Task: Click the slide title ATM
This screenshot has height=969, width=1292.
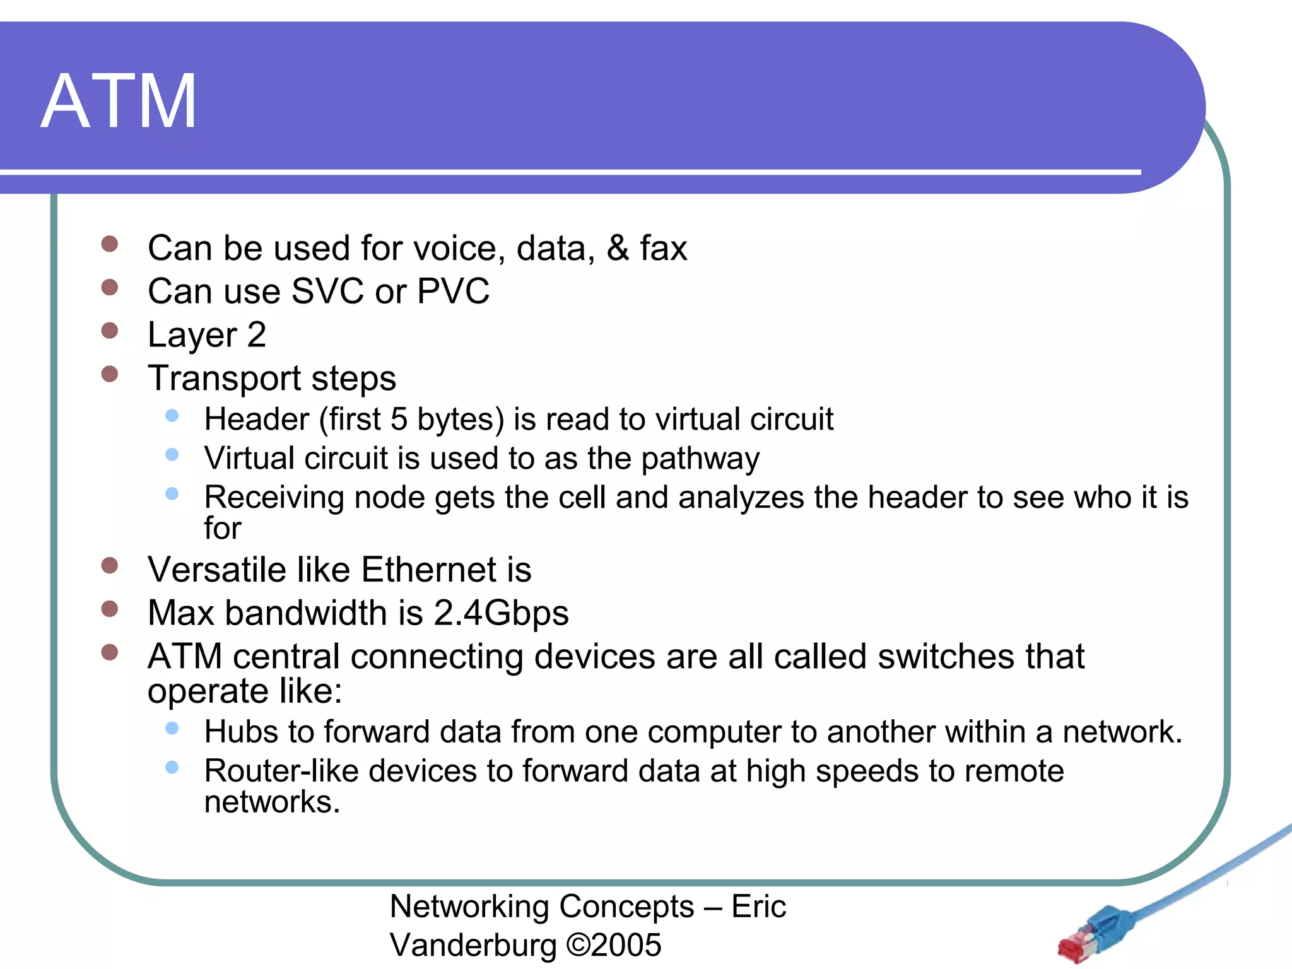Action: coord(119,102)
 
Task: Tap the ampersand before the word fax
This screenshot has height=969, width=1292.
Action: coord(618,248)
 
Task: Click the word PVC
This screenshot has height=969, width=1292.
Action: coord(453,291)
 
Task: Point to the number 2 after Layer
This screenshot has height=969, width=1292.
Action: coord(256,334)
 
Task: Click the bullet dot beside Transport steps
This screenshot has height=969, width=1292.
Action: coord(110,374)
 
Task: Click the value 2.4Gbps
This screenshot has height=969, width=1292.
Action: coord(501,613)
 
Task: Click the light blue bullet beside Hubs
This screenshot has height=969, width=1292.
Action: coord(172,729)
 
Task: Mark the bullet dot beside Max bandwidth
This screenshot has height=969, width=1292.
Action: coord(110,609)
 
